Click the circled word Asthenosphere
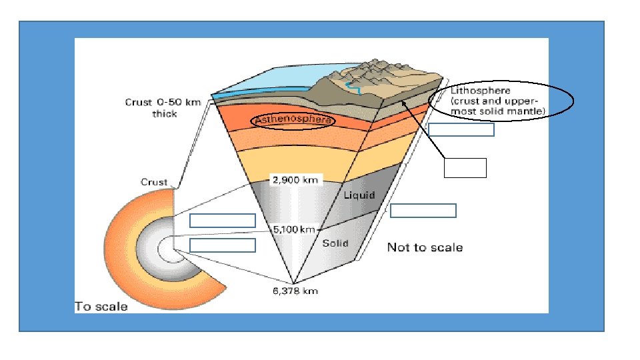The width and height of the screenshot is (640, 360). [x=293, y=120]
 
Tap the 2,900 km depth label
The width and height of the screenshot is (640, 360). [x=295, y=180]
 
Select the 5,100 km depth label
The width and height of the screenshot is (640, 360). [x=294, y=229]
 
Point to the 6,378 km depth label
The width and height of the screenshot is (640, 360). [x=295, y=291]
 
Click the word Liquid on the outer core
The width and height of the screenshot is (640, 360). [x=359, y=195]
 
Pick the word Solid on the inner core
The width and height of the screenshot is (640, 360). [x=335, y=243]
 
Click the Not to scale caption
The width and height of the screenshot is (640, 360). [x=425, y=247]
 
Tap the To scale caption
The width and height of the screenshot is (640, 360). [x=101, y=307]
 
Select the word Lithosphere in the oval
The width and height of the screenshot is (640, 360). [x=481, y=90]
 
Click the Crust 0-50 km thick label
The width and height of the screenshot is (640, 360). [x=163, y=108]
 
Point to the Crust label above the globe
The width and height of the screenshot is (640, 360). [x=154, y=182]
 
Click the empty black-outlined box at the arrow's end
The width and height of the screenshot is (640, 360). [x=465, y=168]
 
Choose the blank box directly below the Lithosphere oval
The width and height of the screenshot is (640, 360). [x=461, y=129]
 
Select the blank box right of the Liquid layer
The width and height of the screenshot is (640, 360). [x=423, y=211]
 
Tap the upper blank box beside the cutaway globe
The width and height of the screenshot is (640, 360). [x=223, y=221]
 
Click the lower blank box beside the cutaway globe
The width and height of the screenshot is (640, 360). [x=223, y=245]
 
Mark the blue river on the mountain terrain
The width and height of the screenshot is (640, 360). [x=353, y=88]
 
